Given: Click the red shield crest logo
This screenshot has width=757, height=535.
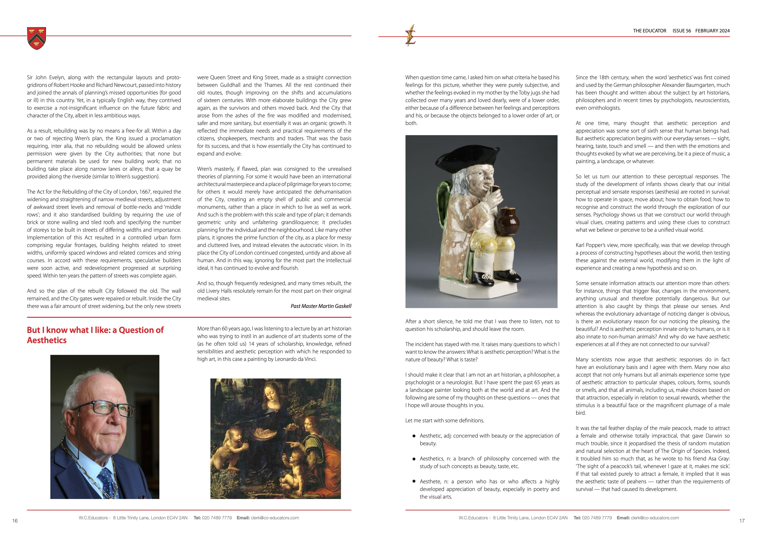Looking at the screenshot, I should point(37,38).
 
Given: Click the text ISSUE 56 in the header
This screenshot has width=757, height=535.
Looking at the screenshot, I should point(682,31).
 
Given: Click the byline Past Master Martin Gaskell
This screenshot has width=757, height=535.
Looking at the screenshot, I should point(321,306).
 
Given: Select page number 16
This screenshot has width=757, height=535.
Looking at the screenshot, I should point(15,521).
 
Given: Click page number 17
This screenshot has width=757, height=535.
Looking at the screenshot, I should point(742,521).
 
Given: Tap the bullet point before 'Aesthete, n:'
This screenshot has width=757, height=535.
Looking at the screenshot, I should point(414,481).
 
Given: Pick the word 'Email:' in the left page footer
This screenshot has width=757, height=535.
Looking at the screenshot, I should point(243,518).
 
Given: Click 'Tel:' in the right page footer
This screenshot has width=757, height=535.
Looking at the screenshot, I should point(577,518).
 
